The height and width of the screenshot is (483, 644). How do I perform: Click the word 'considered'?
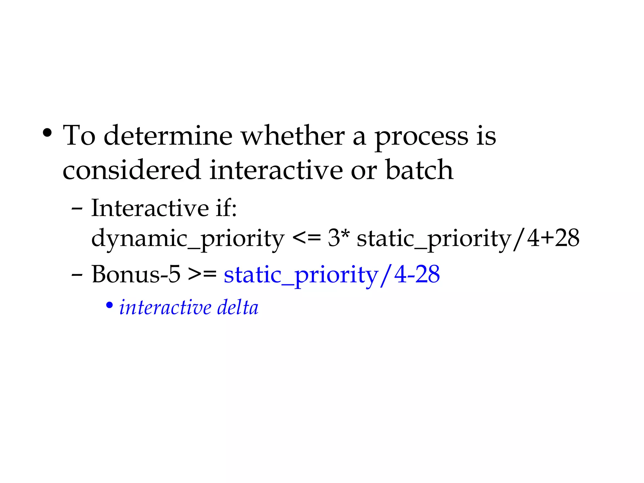click(x=131, y=170)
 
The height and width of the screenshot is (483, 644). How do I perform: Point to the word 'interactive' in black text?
click(x=276, y=170)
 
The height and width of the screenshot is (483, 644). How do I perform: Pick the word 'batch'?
click(x=419, y=170)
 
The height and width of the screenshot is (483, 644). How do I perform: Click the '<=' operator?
click(x=307, y=238)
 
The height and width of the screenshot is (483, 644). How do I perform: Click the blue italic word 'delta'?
click(x=238, y=307)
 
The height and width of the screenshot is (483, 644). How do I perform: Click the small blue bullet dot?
click(x=109, y=305)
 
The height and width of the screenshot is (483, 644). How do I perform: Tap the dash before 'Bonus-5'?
click(x=77, y=275)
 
